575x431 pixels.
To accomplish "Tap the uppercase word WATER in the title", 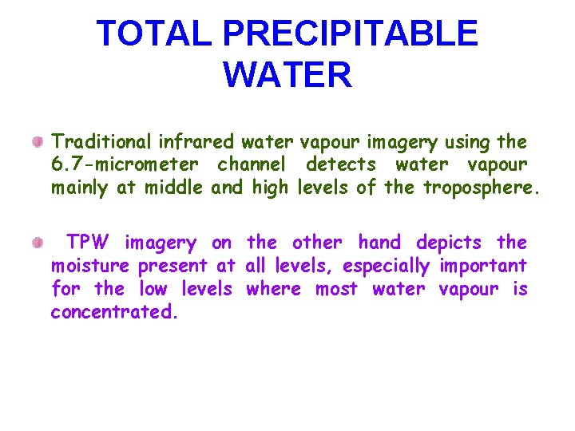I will [x=287, y=75].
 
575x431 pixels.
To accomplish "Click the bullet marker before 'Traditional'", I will [x=38, y=142].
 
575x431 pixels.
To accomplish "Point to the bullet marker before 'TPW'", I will [x=38, y=243].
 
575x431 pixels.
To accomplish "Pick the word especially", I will [x=386, y=266].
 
